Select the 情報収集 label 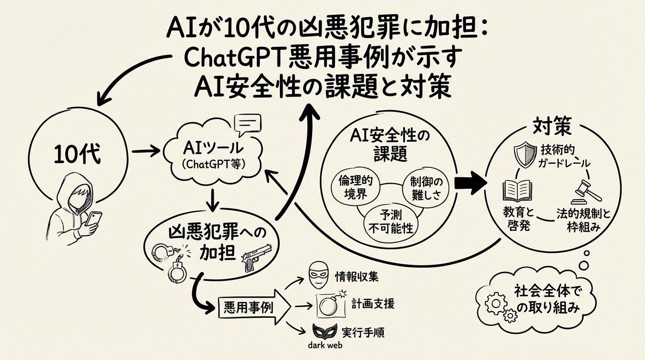356,277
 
